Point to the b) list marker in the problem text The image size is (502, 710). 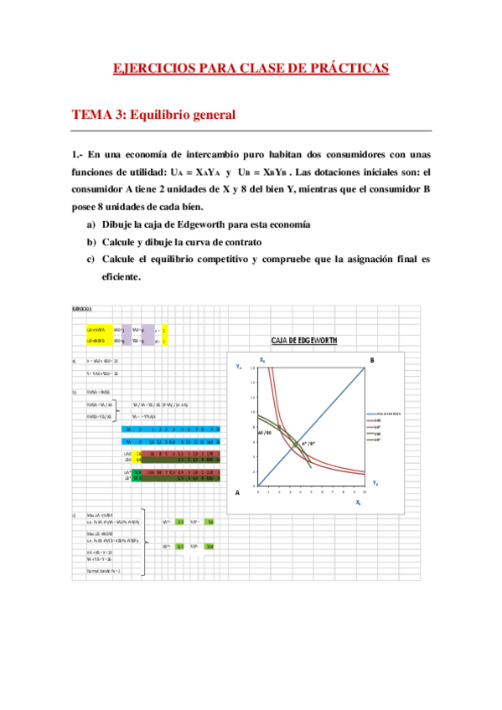(x=91, y=243)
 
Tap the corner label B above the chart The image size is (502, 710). (x=371, y=360)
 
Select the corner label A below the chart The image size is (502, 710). (x=236, y=492)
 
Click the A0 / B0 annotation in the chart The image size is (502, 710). (x=262, y=432)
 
